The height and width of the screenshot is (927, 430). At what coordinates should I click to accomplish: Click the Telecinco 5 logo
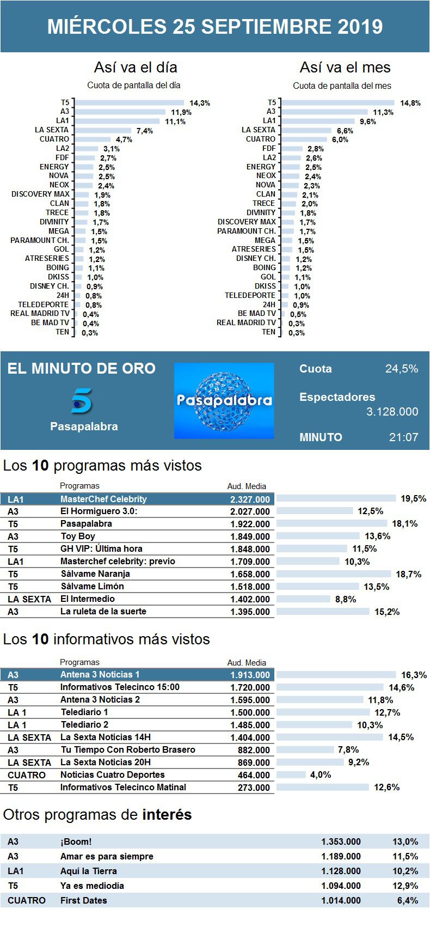coord(82,401)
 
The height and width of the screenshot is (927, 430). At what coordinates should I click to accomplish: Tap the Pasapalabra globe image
coord(224,400)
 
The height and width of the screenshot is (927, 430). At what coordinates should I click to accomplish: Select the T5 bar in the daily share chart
coord(130,102)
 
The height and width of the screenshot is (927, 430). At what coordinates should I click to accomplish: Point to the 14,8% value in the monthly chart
coord(410,103)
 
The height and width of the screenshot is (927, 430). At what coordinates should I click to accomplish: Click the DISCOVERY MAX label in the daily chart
coord(41,194)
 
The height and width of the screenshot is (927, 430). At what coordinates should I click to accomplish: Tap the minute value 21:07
coord(403,437)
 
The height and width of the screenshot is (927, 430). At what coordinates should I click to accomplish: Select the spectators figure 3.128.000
coord(392,412)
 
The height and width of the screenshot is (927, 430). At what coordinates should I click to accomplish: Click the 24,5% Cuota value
coord(402,369)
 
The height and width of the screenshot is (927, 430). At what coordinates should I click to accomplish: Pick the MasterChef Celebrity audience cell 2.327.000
coord(250,499)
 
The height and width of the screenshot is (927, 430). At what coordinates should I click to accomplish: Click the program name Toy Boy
coord(78,536)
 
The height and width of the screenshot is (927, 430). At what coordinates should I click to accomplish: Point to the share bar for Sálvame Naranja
coord(334,574)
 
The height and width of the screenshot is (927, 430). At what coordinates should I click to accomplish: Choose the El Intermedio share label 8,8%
coord(345,599)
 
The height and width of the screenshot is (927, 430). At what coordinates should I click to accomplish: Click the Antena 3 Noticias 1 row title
coord(100,675)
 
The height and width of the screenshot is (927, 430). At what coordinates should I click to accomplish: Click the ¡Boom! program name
coord(76,842)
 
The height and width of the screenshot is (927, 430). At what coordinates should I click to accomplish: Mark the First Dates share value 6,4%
coord(407,901)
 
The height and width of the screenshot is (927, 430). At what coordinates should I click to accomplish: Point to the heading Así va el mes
coord(345,68)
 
